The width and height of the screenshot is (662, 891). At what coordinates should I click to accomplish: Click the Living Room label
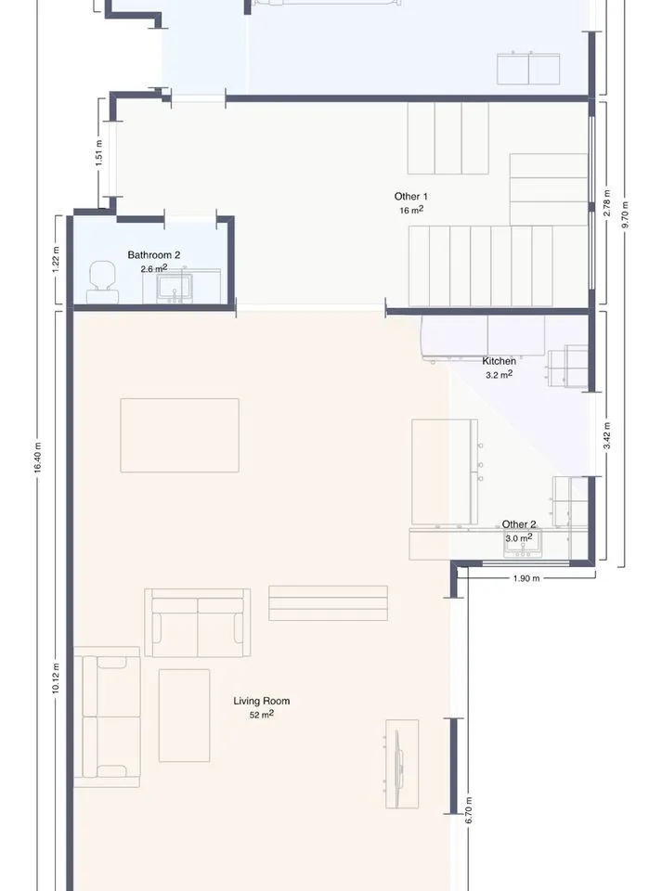[262, 701]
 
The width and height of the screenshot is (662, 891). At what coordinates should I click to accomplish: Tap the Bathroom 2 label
[153, 255]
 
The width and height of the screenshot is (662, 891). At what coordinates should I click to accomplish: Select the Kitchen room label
[499, 361]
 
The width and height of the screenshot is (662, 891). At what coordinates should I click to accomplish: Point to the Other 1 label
[410, 196]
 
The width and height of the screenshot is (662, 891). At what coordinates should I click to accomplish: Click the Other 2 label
[519, 523]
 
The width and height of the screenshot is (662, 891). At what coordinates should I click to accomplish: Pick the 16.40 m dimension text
[38, 458]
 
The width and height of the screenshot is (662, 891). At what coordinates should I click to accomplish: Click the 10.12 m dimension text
[56, 678]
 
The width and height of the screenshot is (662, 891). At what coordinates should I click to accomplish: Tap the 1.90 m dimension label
[526, 578]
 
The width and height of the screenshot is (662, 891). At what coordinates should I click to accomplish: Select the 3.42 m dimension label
[606, 436]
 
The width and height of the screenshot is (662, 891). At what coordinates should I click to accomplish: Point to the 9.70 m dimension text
[625, 214]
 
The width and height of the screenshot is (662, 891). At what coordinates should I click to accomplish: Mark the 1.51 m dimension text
[98, 153]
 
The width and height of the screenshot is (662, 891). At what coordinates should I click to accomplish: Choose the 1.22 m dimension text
[56, 259]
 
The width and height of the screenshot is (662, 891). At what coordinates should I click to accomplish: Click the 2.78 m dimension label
[606, 203]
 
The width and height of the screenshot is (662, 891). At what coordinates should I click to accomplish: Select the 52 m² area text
[262, 715]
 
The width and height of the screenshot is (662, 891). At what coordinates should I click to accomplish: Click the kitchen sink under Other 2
[523, 543]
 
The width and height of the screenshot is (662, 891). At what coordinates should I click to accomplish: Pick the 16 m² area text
[410, 210]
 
